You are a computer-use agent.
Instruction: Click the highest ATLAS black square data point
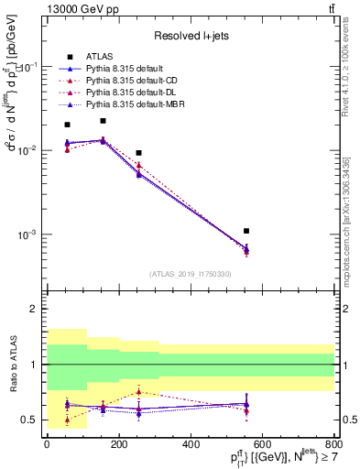pos(103,121)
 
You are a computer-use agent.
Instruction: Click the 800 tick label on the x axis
pos(334,444)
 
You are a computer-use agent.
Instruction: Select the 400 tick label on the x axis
pos(191,444)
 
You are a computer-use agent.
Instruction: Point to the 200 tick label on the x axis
pos(119,444)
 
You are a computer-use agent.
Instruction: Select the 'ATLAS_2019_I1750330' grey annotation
pos(191,274)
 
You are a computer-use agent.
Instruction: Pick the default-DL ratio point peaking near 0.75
pos(138,391)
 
